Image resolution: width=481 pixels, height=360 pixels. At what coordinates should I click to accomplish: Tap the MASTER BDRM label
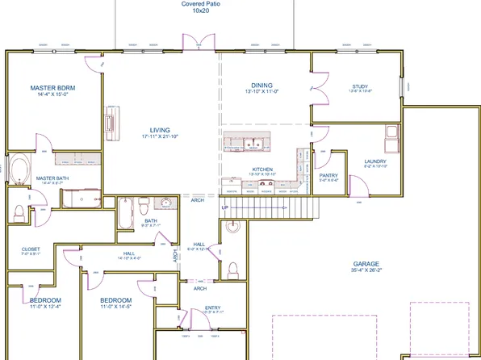[x=52, y=88]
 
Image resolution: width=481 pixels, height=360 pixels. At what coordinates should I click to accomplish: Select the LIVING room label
[x=160, y=129]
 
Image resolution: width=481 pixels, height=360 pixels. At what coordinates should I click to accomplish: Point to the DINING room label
[x=261, y=84]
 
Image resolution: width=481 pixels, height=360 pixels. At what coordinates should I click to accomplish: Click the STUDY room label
[x=360, y=86]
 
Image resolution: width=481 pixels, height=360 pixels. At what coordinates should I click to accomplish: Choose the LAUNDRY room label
[x=375, y=161]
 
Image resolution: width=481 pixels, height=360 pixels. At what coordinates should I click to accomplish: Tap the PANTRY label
[x=328, y=175]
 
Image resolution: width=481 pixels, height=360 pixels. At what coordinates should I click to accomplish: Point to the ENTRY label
[x=213, y=308]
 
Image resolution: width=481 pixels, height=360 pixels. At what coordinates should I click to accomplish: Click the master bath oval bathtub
[x=18, y=172]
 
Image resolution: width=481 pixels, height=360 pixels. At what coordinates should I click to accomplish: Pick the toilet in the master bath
[x=18, y=211]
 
